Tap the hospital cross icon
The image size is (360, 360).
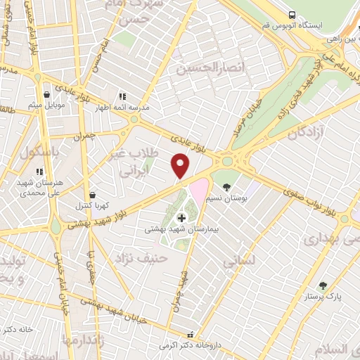(182, 219)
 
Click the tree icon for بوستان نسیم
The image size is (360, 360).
(226, 187)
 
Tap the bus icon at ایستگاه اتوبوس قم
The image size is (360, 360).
(291, 15)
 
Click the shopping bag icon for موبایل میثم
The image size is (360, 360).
(46, 93)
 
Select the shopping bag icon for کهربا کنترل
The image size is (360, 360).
(92, 195)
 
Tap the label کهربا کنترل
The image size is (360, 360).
(92, 206)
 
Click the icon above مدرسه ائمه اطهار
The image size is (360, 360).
(122, 96)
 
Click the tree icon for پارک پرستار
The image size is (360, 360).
(323, 285)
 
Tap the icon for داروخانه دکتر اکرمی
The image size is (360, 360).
(188, 335)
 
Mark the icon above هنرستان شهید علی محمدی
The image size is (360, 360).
(39, 171)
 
